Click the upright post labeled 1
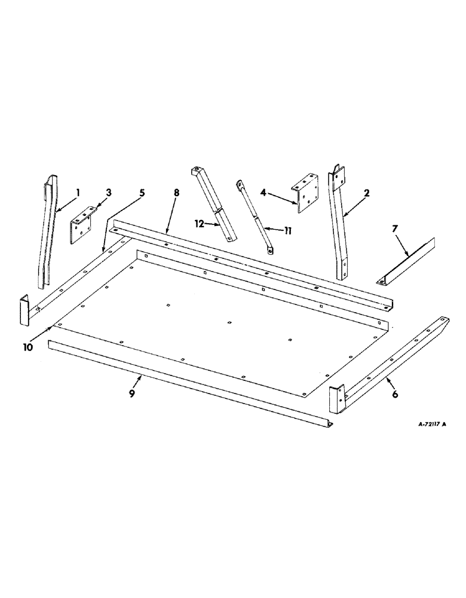[x=48, y=227]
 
